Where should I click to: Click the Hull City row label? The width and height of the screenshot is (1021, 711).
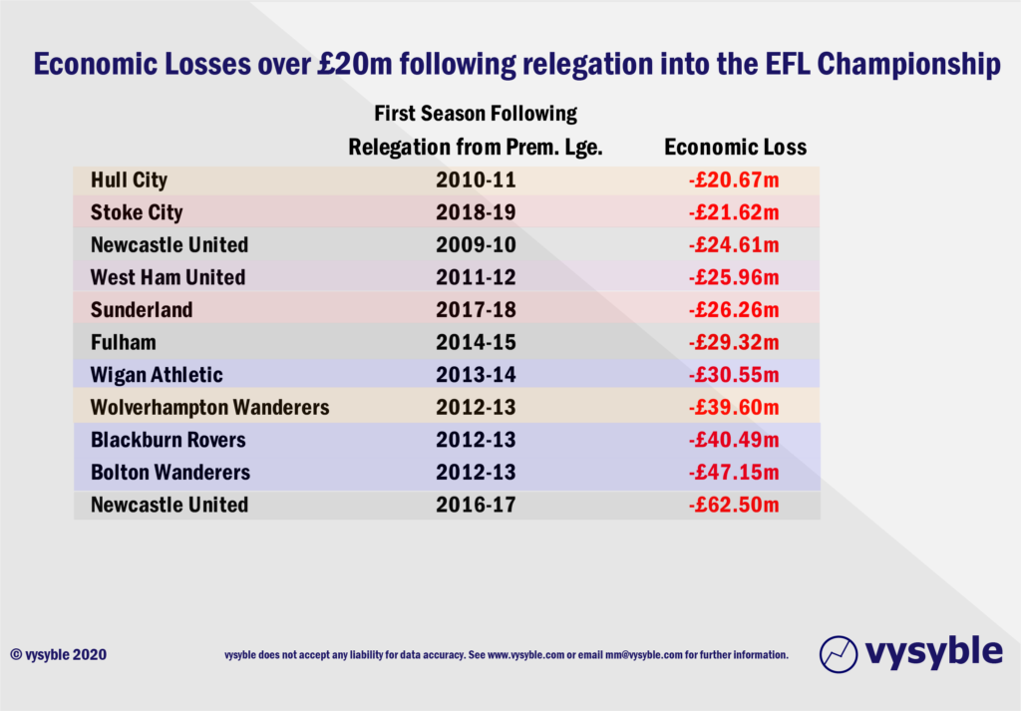click(x=129, y=180)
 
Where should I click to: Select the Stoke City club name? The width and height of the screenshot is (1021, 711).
click(x=137, y=212)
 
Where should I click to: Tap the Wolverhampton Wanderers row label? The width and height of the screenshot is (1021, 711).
click(x=209, y=407)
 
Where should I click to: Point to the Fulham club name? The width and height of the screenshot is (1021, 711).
click(x=123, y=342)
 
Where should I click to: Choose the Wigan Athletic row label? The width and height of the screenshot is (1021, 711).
click(x=157, y=375)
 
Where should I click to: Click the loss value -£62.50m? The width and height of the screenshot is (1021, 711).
click(x=734, y=505)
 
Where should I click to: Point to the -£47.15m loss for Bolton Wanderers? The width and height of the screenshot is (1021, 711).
click(x=734, y=472)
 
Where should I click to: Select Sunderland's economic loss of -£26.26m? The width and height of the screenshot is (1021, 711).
click(x=734, y=310)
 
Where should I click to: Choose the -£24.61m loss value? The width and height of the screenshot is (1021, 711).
click(x=734, y=245)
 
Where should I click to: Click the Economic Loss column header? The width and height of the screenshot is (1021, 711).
click(x=735, y=148)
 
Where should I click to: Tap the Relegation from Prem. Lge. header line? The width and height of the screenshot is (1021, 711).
click(x=476, y=148)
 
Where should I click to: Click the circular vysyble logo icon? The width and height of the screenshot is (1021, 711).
click(x=839, y=653)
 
